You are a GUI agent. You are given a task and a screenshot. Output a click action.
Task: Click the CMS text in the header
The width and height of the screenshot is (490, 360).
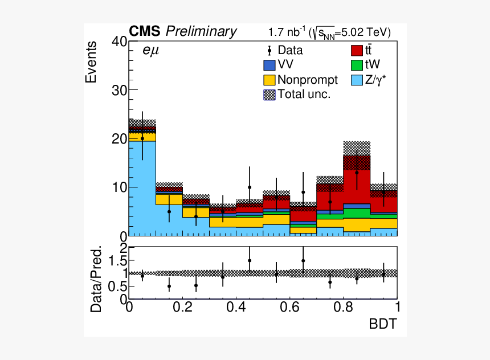[145, 31]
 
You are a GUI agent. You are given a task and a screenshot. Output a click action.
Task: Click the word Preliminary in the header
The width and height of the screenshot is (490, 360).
[201, 32]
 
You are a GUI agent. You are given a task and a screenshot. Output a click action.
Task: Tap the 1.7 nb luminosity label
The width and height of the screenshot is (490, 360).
[287, 32]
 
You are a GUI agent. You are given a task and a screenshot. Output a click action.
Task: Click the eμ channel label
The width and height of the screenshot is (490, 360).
[151, 51]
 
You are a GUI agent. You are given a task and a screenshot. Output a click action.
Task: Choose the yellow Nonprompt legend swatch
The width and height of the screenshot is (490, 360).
[269, 80]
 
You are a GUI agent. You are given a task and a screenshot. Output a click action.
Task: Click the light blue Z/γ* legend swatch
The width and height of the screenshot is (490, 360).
[357, 80]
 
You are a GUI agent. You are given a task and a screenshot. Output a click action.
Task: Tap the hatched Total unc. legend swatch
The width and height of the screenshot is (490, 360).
[269, 94]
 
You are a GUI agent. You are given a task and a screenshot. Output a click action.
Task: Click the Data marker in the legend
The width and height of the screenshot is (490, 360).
[269, 51]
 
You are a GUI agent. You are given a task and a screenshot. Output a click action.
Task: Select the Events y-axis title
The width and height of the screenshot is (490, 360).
[91, 62]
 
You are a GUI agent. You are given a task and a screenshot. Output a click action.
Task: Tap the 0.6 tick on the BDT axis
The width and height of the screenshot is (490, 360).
[291, 306]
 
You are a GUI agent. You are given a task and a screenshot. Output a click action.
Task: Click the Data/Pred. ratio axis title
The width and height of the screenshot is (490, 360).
[97, 279]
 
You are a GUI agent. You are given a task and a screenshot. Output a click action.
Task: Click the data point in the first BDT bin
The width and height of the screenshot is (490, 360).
[142, 138]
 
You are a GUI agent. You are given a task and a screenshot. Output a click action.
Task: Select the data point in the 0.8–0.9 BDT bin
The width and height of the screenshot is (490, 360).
[357, 173]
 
